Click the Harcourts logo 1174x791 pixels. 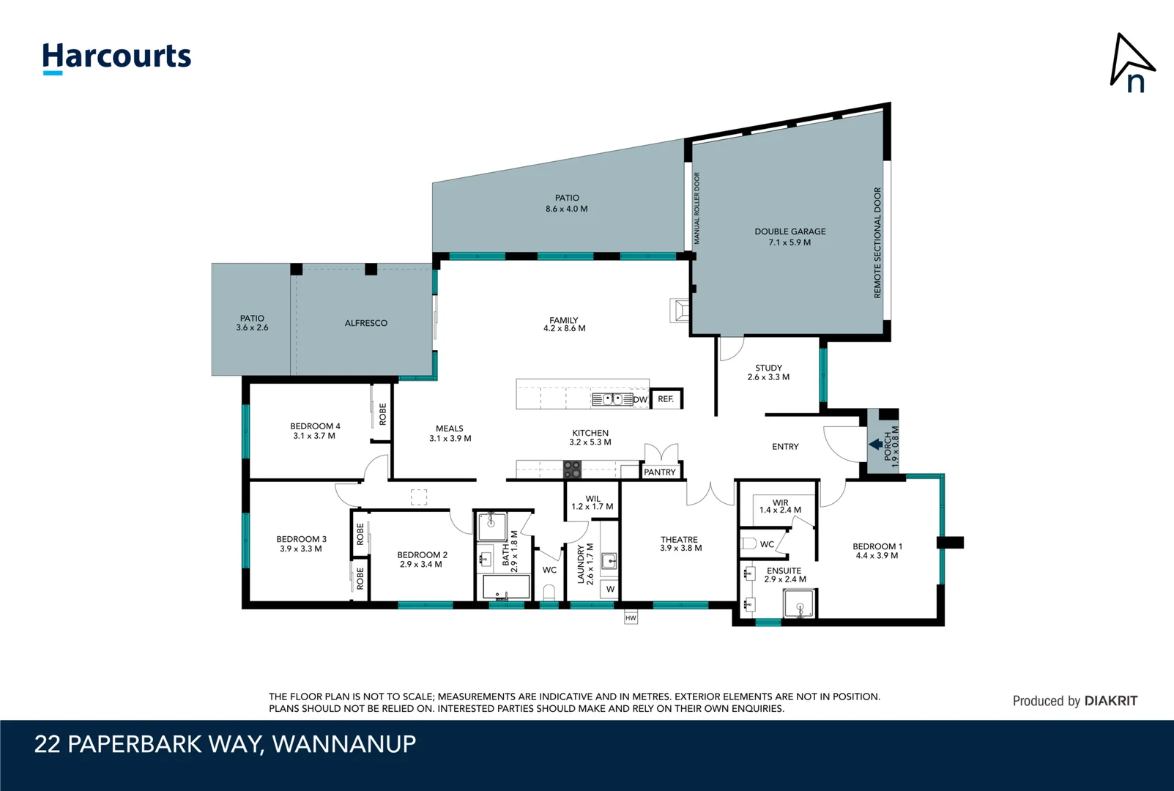point(116,57)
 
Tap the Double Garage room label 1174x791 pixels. point(790,237)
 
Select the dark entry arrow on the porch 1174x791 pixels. point(875,444)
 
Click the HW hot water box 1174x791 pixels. point(631,618)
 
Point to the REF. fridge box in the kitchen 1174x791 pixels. point(666,399)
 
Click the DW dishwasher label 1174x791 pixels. point(640,400)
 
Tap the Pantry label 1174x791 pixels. point(660,472)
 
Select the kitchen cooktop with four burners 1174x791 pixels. point(572,469)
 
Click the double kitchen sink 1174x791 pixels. point(612,399)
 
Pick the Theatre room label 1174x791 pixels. point(680,543)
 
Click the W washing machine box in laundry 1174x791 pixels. point(610,589)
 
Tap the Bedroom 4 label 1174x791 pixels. point(315,431)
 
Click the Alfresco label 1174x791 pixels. point(366,323)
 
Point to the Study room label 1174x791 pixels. point(768,372)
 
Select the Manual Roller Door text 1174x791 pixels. point(697,209)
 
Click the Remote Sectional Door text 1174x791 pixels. point(877,242)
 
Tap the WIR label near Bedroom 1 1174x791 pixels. point(780,506)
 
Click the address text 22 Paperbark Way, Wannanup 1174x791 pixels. point(225,744)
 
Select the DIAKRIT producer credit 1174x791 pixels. point(1074,701)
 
